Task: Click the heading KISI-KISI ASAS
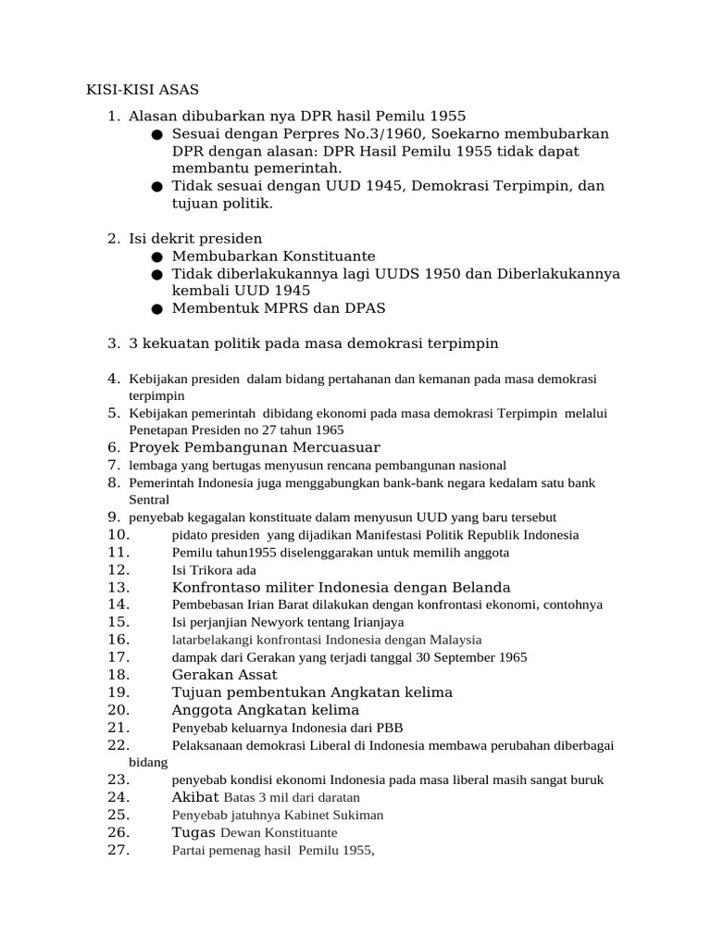point(136,90)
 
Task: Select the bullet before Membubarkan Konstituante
point(158,256)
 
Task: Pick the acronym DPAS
point(362,308)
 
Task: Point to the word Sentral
point(149,500)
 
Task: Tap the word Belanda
point(480,587)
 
